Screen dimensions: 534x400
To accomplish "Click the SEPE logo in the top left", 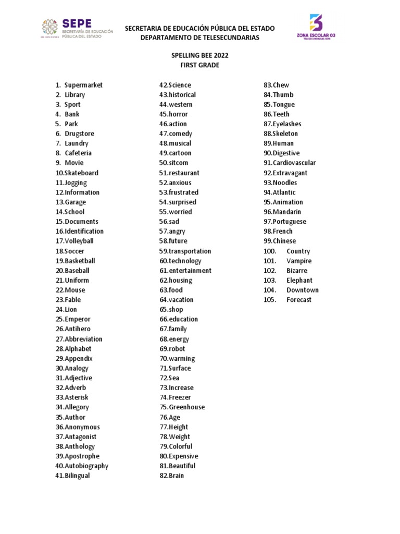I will [77, 29].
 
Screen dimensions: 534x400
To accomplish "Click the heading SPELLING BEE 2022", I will [200, 55].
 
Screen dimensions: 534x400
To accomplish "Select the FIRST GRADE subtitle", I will [200, 65].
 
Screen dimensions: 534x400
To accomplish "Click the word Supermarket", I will [84, 85].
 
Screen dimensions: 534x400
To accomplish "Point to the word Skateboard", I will [81, 173].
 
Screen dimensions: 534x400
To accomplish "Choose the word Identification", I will [84, 231].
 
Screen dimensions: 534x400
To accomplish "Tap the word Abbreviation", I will [83, 339].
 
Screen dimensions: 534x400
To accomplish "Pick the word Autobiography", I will [86, 466].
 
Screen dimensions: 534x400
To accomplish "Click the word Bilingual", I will [77, 476].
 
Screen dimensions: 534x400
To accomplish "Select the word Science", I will [180, 85].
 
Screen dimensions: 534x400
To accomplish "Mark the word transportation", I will [190, 251].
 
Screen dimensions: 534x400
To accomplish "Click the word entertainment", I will [190, 271].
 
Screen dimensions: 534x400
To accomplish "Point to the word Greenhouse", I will [186, 407].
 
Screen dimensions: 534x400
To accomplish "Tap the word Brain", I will [176, 476].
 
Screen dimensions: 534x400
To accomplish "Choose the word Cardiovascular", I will [294, 163].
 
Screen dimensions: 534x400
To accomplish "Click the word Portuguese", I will [290, 222].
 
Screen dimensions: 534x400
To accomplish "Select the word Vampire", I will [299, 261].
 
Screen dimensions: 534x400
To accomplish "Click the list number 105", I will [270, 300].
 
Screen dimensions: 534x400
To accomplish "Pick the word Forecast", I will [299, 300].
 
